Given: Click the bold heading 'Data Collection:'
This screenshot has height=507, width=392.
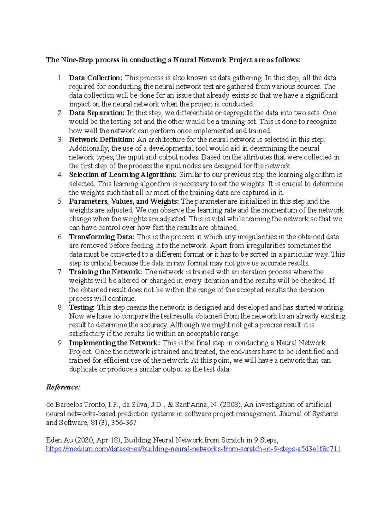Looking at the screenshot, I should (x=95, y=78).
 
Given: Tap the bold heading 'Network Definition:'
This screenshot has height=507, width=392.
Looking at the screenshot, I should (x=102, y=140).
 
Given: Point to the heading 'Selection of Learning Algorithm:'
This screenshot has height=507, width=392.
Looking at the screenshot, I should (x=123, y=175).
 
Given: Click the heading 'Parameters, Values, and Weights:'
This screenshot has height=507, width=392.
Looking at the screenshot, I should (x=124, y=201).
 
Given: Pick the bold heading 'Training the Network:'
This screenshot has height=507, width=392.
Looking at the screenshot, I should (x=106, y=272).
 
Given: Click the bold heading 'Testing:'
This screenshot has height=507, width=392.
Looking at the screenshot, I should (x=82, y=308).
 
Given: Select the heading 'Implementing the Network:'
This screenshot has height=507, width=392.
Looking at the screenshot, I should (x=114, y=343).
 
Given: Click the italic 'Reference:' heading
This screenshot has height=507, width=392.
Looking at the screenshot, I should (x=63, y=387).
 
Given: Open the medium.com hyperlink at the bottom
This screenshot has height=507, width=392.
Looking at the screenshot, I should (x=193, y=449).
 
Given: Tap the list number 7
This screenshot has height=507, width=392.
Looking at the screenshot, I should (x=60, y=272).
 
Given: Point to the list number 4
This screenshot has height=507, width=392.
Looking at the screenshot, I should (x=60, y=175).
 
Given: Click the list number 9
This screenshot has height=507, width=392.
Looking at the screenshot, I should (x=60, y=343).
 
